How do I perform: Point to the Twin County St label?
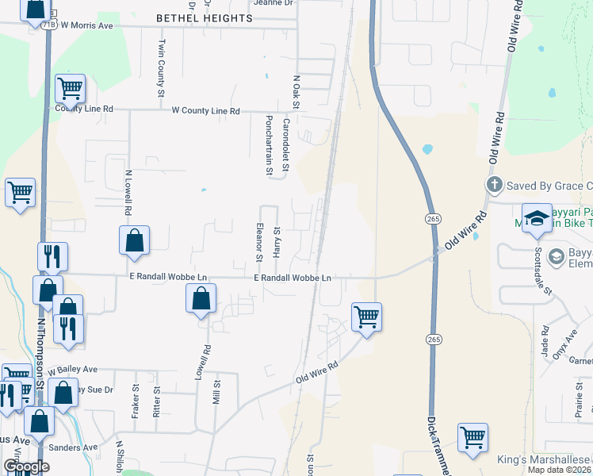161,67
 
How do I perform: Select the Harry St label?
277,240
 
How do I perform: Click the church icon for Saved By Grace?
494,186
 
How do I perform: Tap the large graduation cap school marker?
537,218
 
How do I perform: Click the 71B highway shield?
49,25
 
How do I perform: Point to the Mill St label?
216,393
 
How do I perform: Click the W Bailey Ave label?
72,370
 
